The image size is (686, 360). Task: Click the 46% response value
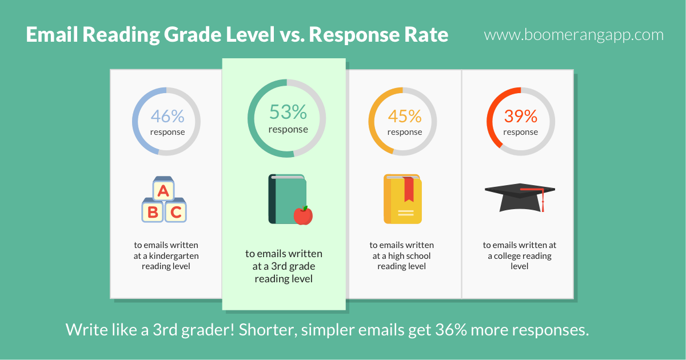point(167,117)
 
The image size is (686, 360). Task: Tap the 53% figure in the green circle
point(288,112)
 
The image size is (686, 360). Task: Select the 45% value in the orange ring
point(405,117)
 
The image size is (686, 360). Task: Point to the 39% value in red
point(521,117)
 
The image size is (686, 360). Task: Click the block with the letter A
point(163,189)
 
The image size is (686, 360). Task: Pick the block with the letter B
point(153,211)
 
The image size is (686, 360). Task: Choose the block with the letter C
point(176,211)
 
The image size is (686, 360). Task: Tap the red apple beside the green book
point(303,215)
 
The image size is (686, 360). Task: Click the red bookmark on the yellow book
point(409,189)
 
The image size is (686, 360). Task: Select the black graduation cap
point(520,198)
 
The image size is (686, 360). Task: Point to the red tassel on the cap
point(543,200)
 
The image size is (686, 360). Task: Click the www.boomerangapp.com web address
point(573,35)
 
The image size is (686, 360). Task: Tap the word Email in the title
point(52,34)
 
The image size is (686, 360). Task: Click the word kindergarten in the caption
point(174,256)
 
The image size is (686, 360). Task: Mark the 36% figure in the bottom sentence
point(451,330)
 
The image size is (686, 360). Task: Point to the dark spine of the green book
point(272,199)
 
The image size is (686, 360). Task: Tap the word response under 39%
point(521,132)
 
